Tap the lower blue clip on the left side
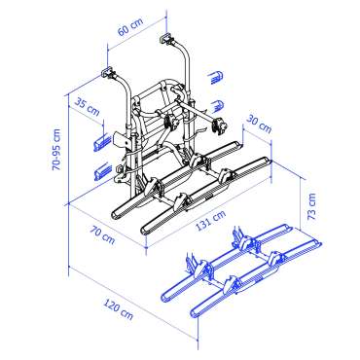[101, 173]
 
